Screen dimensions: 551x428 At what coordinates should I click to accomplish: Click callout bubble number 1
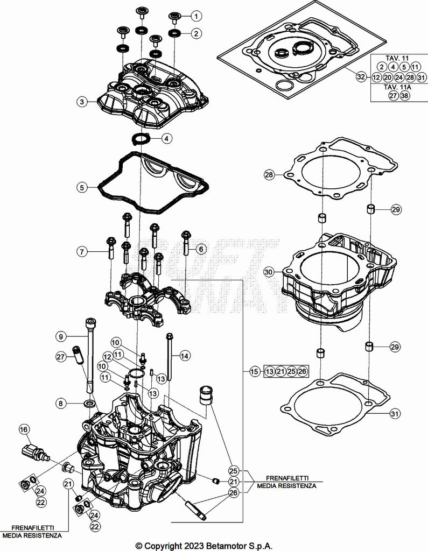195,16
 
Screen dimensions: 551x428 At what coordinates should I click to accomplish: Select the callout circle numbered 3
81,101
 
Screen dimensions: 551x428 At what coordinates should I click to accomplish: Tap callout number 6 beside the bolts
200,249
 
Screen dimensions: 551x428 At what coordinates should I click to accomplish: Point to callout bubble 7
81,251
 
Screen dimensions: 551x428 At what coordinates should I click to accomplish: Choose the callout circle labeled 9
61,336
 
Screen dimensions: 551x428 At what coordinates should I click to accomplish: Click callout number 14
185,356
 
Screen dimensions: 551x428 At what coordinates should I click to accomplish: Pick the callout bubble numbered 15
254,372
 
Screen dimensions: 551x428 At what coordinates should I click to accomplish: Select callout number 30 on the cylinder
269,273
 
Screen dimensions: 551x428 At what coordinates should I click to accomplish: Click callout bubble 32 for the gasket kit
361,77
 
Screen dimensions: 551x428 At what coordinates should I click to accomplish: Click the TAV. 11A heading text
397,86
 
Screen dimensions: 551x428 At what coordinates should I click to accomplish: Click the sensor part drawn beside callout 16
34,451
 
